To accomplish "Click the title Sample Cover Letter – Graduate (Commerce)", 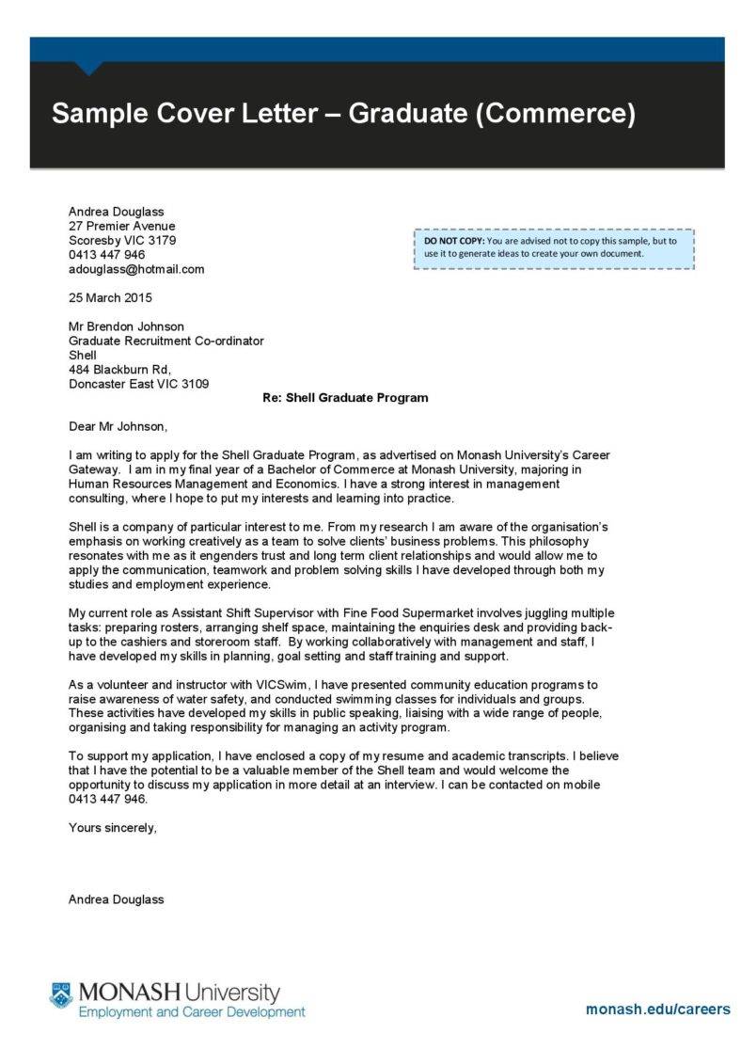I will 343,114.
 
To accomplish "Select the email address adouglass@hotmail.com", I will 136,269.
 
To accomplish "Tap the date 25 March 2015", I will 110,298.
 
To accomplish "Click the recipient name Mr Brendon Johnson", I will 127,326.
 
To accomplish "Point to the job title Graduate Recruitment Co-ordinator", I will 166,341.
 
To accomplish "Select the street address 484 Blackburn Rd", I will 119,370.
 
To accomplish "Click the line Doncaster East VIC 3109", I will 139,384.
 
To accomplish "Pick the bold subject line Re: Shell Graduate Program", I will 344,398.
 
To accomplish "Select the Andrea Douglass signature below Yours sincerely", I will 116,899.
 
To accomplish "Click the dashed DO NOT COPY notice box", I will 554,247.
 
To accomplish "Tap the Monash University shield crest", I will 61,994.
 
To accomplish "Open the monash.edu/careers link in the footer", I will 657,1009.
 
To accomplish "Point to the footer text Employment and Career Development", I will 192,1012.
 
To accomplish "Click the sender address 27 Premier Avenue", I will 122,226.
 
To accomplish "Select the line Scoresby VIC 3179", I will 122,240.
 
